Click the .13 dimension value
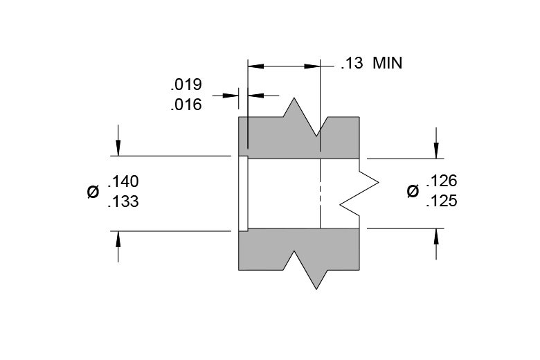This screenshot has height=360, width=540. pyautogui.click(x=352, y=64)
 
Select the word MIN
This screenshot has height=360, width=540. pyautogui.click(x=388, y=64)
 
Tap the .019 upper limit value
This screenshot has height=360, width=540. pyautogui.click(x=186, y=84)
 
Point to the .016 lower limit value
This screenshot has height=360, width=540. pyautogui.click(x=186, y=105)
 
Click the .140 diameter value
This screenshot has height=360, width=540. pyautogui.click(x=123, y=181)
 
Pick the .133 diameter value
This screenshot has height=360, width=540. pyautogui.click(x=123, y=201)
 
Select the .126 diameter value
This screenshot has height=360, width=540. pyautogui.click(x=442, y=181)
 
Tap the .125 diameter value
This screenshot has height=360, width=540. pyautogui.click(x=442, y=201)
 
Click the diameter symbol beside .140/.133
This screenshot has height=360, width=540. pyautogui.click(x=93, y=192)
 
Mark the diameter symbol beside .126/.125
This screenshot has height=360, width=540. pyautogui.click(x=413, y=191)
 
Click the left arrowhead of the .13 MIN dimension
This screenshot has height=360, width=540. pyautogui.click(x=255, y=66)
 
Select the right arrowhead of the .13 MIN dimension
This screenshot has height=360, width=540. pyautogui.click(x=312, y=66)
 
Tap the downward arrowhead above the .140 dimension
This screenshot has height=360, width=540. pyautogui.click(x=118, y=148)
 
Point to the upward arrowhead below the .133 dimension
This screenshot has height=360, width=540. pyautogui.click(x=118, y=239)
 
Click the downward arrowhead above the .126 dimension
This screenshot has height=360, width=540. pyautogui.click(x=436, y=151)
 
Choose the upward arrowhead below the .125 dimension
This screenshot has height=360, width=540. pyautogui.click(x=436, y=236)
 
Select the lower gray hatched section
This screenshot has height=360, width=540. pyautogui.click(x=299, y=249)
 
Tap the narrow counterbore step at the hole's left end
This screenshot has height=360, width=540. pyautogui.click(x=243, y=193)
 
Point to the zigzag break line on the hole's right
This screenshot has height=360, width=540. pyautogui.click(x=359, y=193)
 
